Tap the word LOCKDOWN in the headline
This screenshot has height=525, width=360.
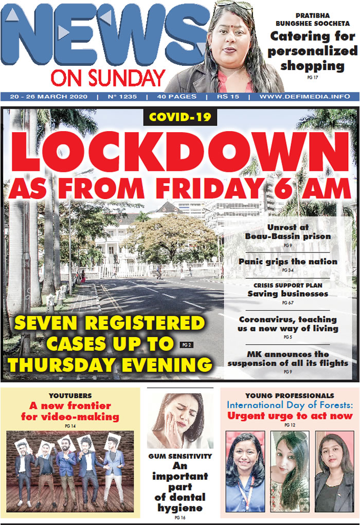[180, 150]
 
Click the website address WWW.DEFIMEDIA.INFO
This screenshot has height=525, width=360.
[305, 97]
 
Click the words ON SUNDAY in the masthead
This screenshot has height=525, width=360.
[107, 78]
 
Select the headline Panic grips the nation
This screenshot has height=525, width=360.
[288, 261]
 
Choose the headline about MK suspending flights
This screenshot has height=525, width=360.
[288, 358]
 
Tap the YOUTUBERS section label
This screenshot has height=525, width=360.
[70, 396]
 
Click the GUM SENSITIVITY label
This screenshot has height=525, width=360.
[180, 456]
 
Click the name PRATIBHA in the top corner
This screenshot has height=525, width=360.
[313, 15]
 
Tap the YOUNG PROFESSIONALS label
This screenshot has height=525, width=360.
[290, 395]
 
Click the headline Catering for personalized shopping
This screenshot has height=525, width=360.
[312, 51]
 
